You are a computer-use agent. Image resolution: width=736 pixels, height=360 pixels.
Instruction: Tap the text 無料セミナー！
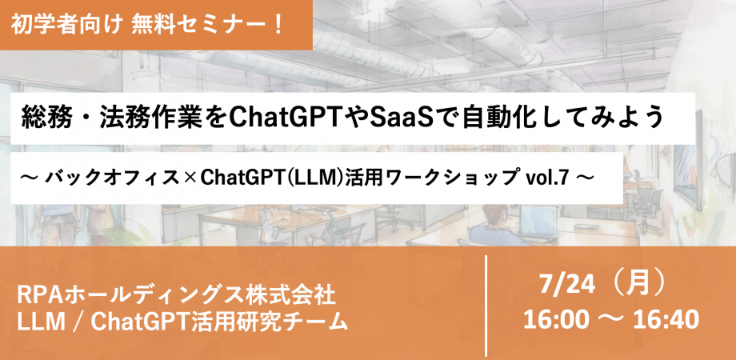pos(207,25)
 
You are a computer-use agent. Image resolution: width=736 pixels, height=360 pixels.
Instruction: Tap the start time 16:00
pos(556,321)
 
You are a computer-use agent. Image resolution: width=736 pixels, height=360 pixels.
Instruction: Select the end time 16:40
pos(666,321)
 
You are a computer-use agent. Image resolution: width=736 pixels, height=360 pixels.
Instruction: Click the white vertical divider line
pos(486,306)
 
